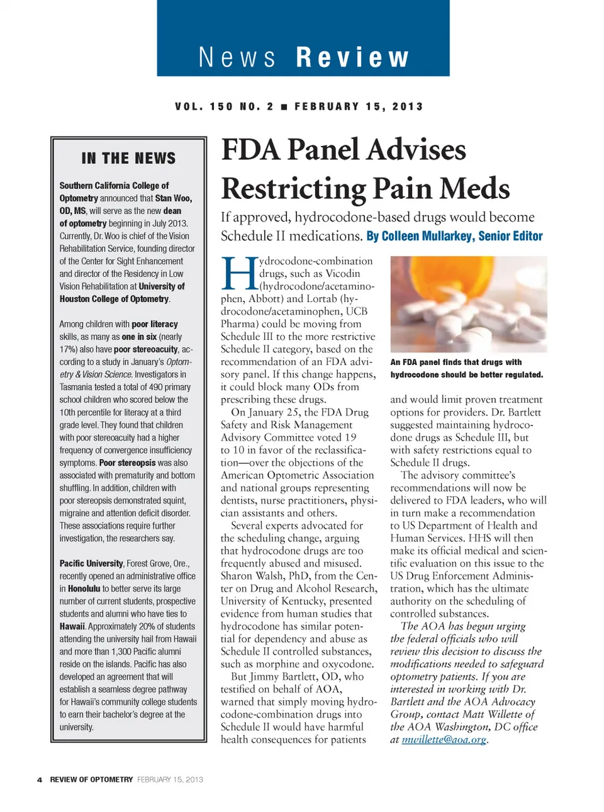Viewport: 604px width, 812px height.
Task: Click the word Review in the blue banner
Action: click(352, 57)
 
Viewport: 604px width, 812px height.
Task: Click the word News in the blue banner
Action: click(237, 57)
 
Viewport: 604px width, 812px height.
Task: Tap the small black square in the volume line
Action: click(284, 107)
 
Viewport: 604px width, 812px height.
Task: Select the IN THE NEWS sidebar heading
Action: click(128, 158)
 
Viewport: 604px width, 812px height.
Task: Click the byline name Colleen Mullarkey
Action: click(419, 236)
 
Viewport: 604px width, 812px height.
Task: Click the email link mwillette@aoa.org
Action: click(444, 740)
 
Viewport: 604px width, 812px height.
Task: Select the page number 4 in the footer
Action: click(40, 779)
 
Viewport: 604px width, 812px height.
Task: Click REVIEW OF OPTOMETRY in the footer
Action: click(91, 779)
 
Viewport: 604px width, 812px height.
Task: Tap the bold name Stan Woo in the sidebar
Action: click(173, 198)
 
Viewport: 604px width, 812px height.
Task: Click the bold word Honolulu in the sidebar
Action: click(84, 589)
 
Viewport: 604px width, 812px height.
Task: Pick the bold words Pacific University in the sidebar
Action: click(91, 563)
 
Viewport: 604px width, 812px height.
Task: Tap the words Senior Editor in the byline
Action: click(510, 236)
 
